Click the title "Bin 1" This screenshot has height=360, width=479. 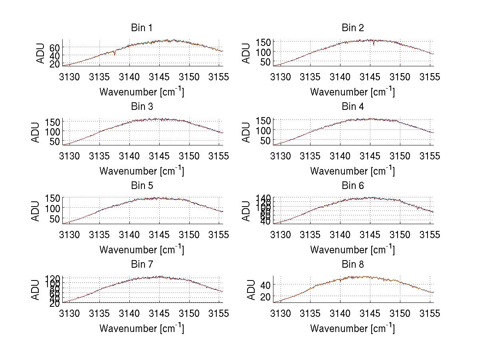[x=142, y=28]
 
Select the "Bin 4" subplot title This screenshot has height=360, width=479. [x=353, y=107]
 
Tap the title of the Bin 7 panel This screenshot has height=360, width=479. [x=142, y=265]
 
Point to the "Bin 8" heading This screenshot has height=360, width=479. [x=353, y=265]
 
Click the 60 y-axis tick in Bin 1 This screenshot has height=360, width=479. [x=55, y=47]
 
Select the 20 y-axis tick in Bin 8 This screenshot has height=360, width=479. [x=266, y=296]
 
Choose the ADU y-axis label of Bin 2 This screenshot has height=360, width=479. [x=247, y=53]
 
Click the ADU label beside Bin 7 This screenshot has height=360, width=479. [x=36, y=290]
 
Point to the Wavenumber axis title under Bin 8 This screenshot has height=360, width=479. [x=352, y=328]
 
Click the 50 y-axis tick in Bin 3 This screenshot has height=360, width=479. [x=55, y=141]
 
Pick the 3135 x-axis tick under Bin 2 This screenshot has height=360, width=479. [x=311, y=77]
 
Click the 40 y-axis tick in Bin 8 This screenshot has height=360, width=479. [x=266, y=284]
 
